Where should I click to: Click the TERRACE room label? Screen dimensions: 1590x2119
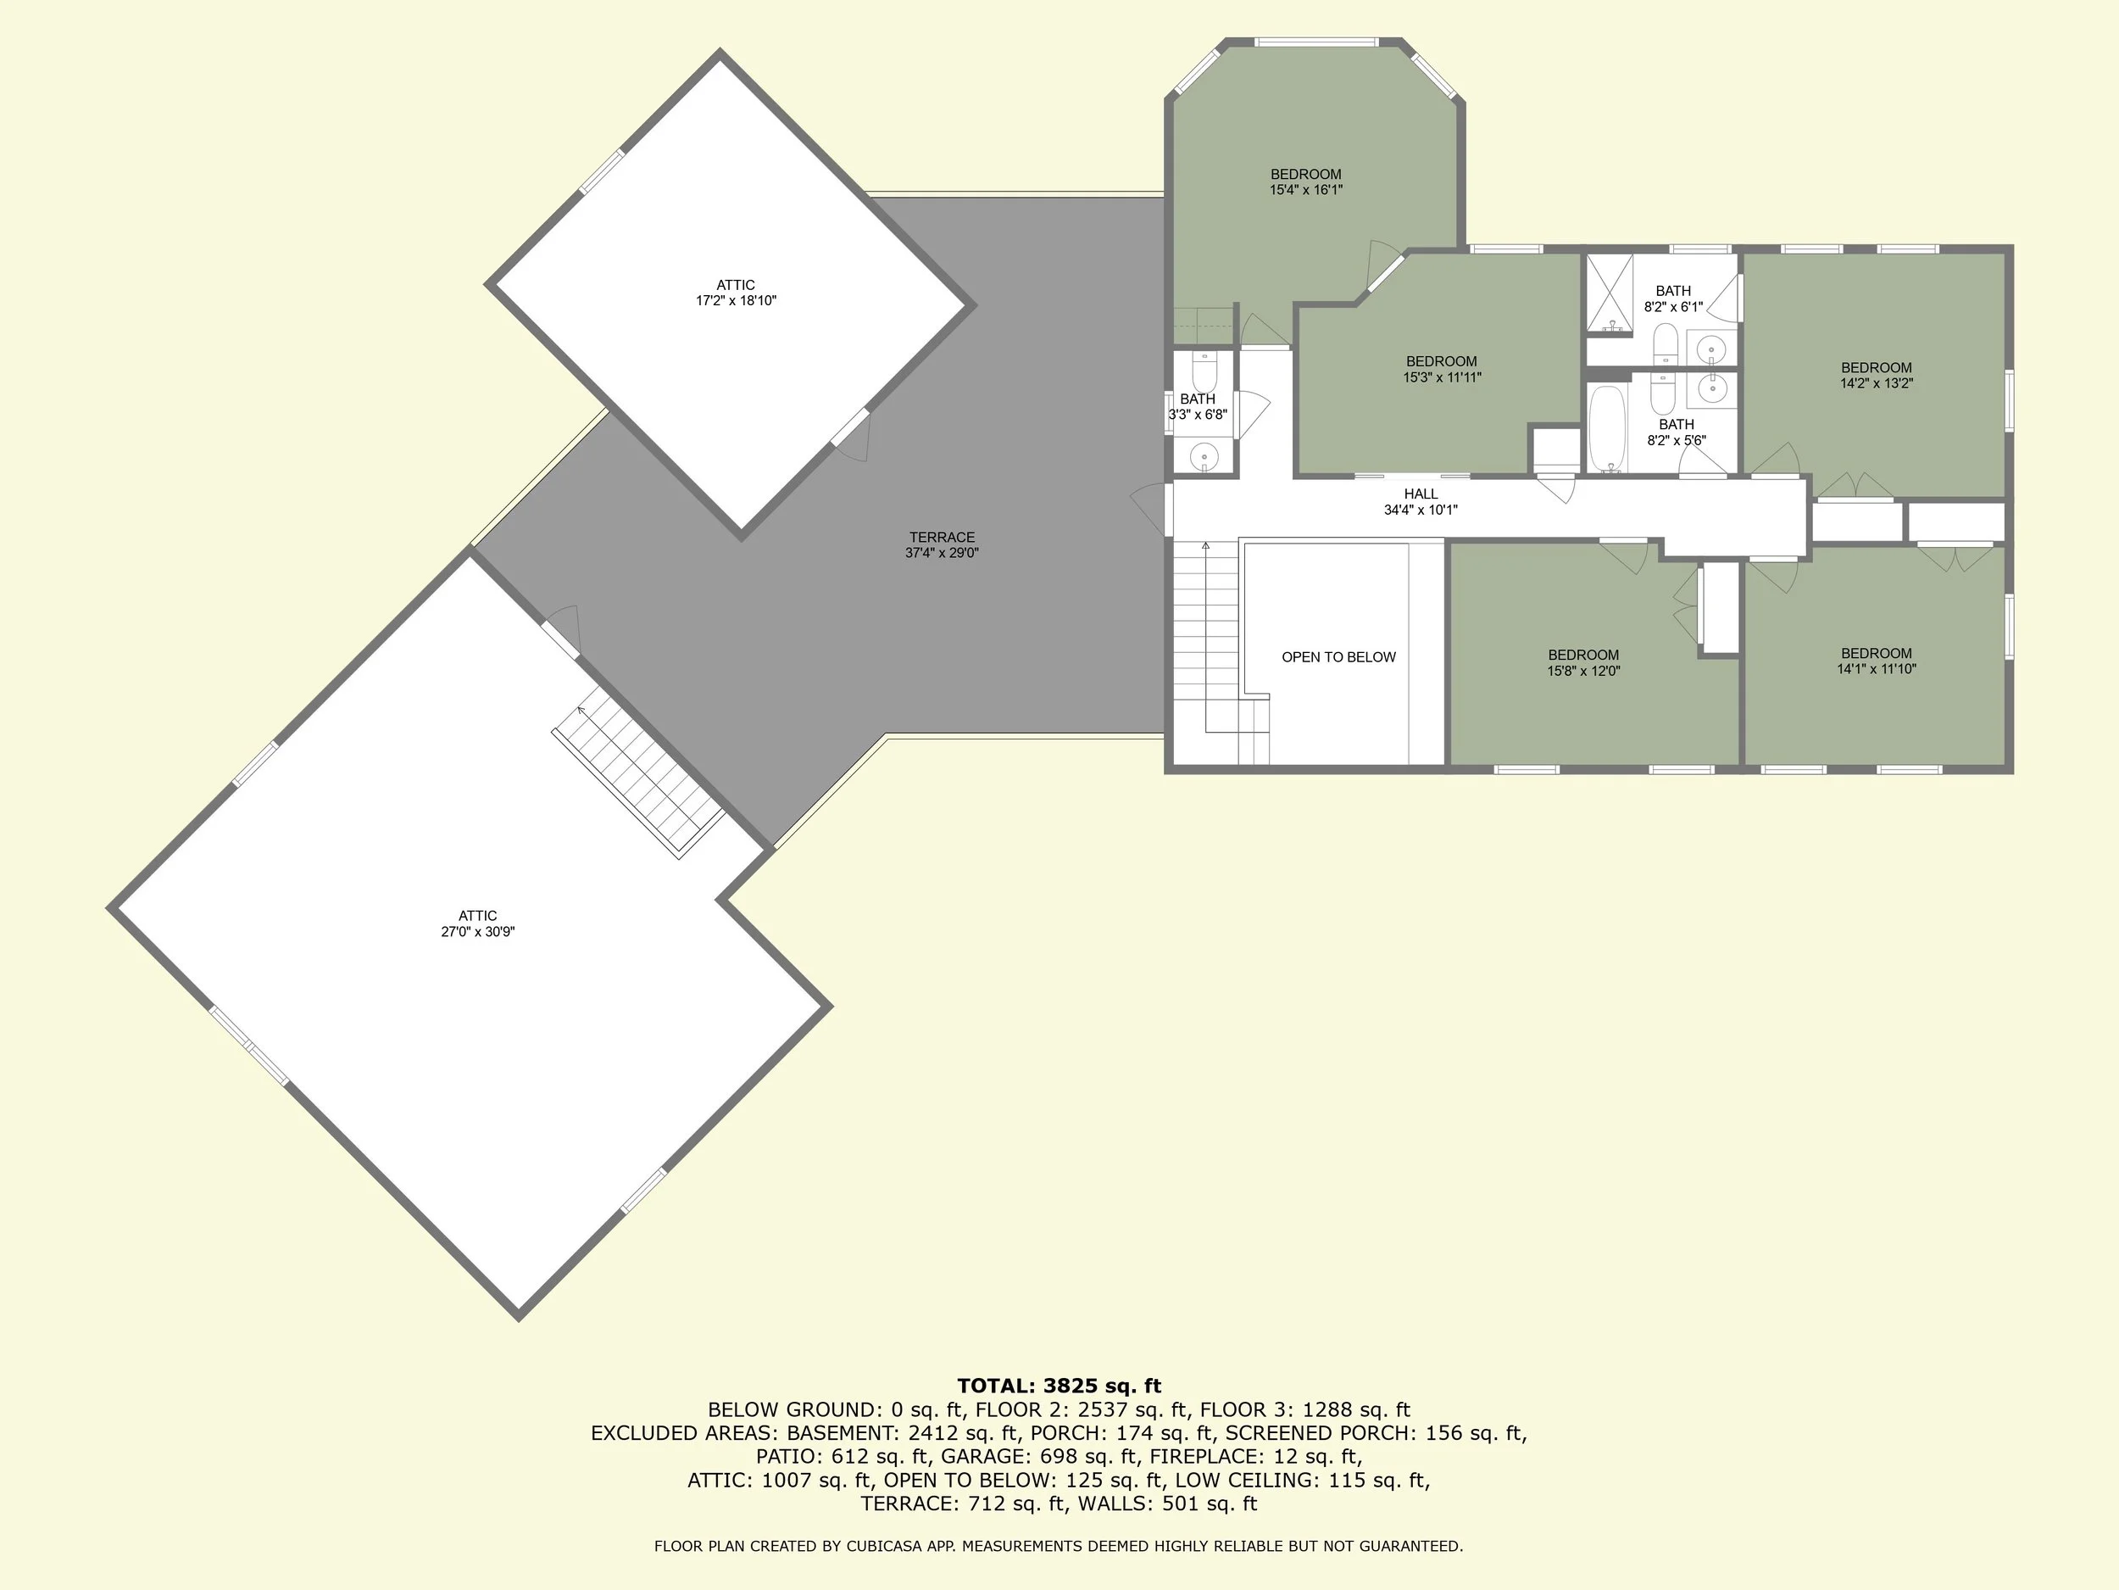pos(942,538)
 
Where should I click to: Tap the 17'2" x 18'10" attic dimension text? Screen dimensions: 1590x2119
pos(736,301)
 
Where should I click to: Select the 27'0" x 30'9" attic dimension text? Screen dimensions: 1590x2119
pos(478,932)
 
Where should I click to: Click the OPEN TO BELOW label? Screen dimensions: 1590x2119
pos(1338,657)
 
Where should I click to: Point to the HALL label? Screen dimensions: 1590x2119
pos(1421,494)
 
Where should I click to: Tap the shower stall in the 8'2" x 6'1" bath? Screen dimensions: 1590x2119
pos(1610,295)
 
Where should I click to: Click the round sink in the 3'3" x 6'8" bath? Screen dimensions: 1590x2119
pos(1204,457)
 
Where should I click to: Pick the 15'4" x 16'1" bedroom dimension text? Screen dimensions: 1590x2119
pos(1305,190)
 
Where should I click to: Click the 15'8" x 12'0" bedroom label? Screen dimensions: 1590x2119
pos(1582,656)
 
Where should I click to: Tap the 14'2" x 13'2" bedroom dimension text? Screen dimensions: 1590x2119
pos(1876,383)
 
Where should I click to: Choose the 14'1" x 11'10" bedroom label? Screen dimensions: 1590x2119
pos(1876,654)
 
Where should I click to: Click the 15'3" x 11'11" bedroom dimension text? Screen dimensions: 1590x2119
pos(1442,377)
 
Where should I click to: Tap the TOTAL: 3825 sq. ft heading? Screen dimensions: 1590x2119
pos(1059,1386)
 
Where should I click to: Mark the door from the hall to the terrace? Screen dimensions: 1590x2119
pos(1168,509)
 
